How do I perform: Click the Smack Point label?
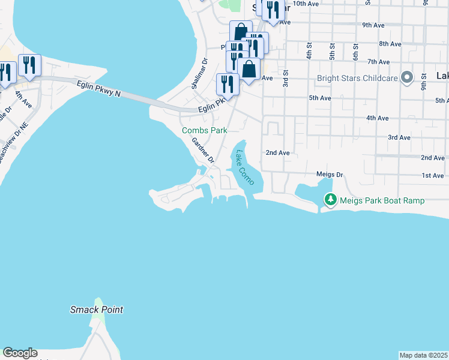pos(97,310)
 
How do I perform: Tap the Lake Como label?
pos(244,167)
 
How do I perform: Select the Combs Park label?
pos(205,130)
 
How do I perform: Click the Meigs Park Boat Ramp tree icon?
pos(330,200)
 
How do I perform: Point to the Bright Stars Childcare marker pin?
pos(408,78)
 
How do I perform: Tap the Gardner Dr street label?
pos(203,150)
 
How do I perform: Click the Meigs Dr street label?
pos(330,175)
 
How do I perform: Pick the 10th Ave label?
pos(306,4)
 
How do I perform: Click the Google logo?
pos(20,353)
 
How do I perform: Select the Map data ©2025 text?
pos(424,355)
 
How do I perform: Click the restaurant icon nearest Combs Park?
pos(228,83)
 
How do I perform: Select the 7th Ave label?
pos(379,62)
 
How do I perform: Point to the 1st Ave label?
pos(432,175)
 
